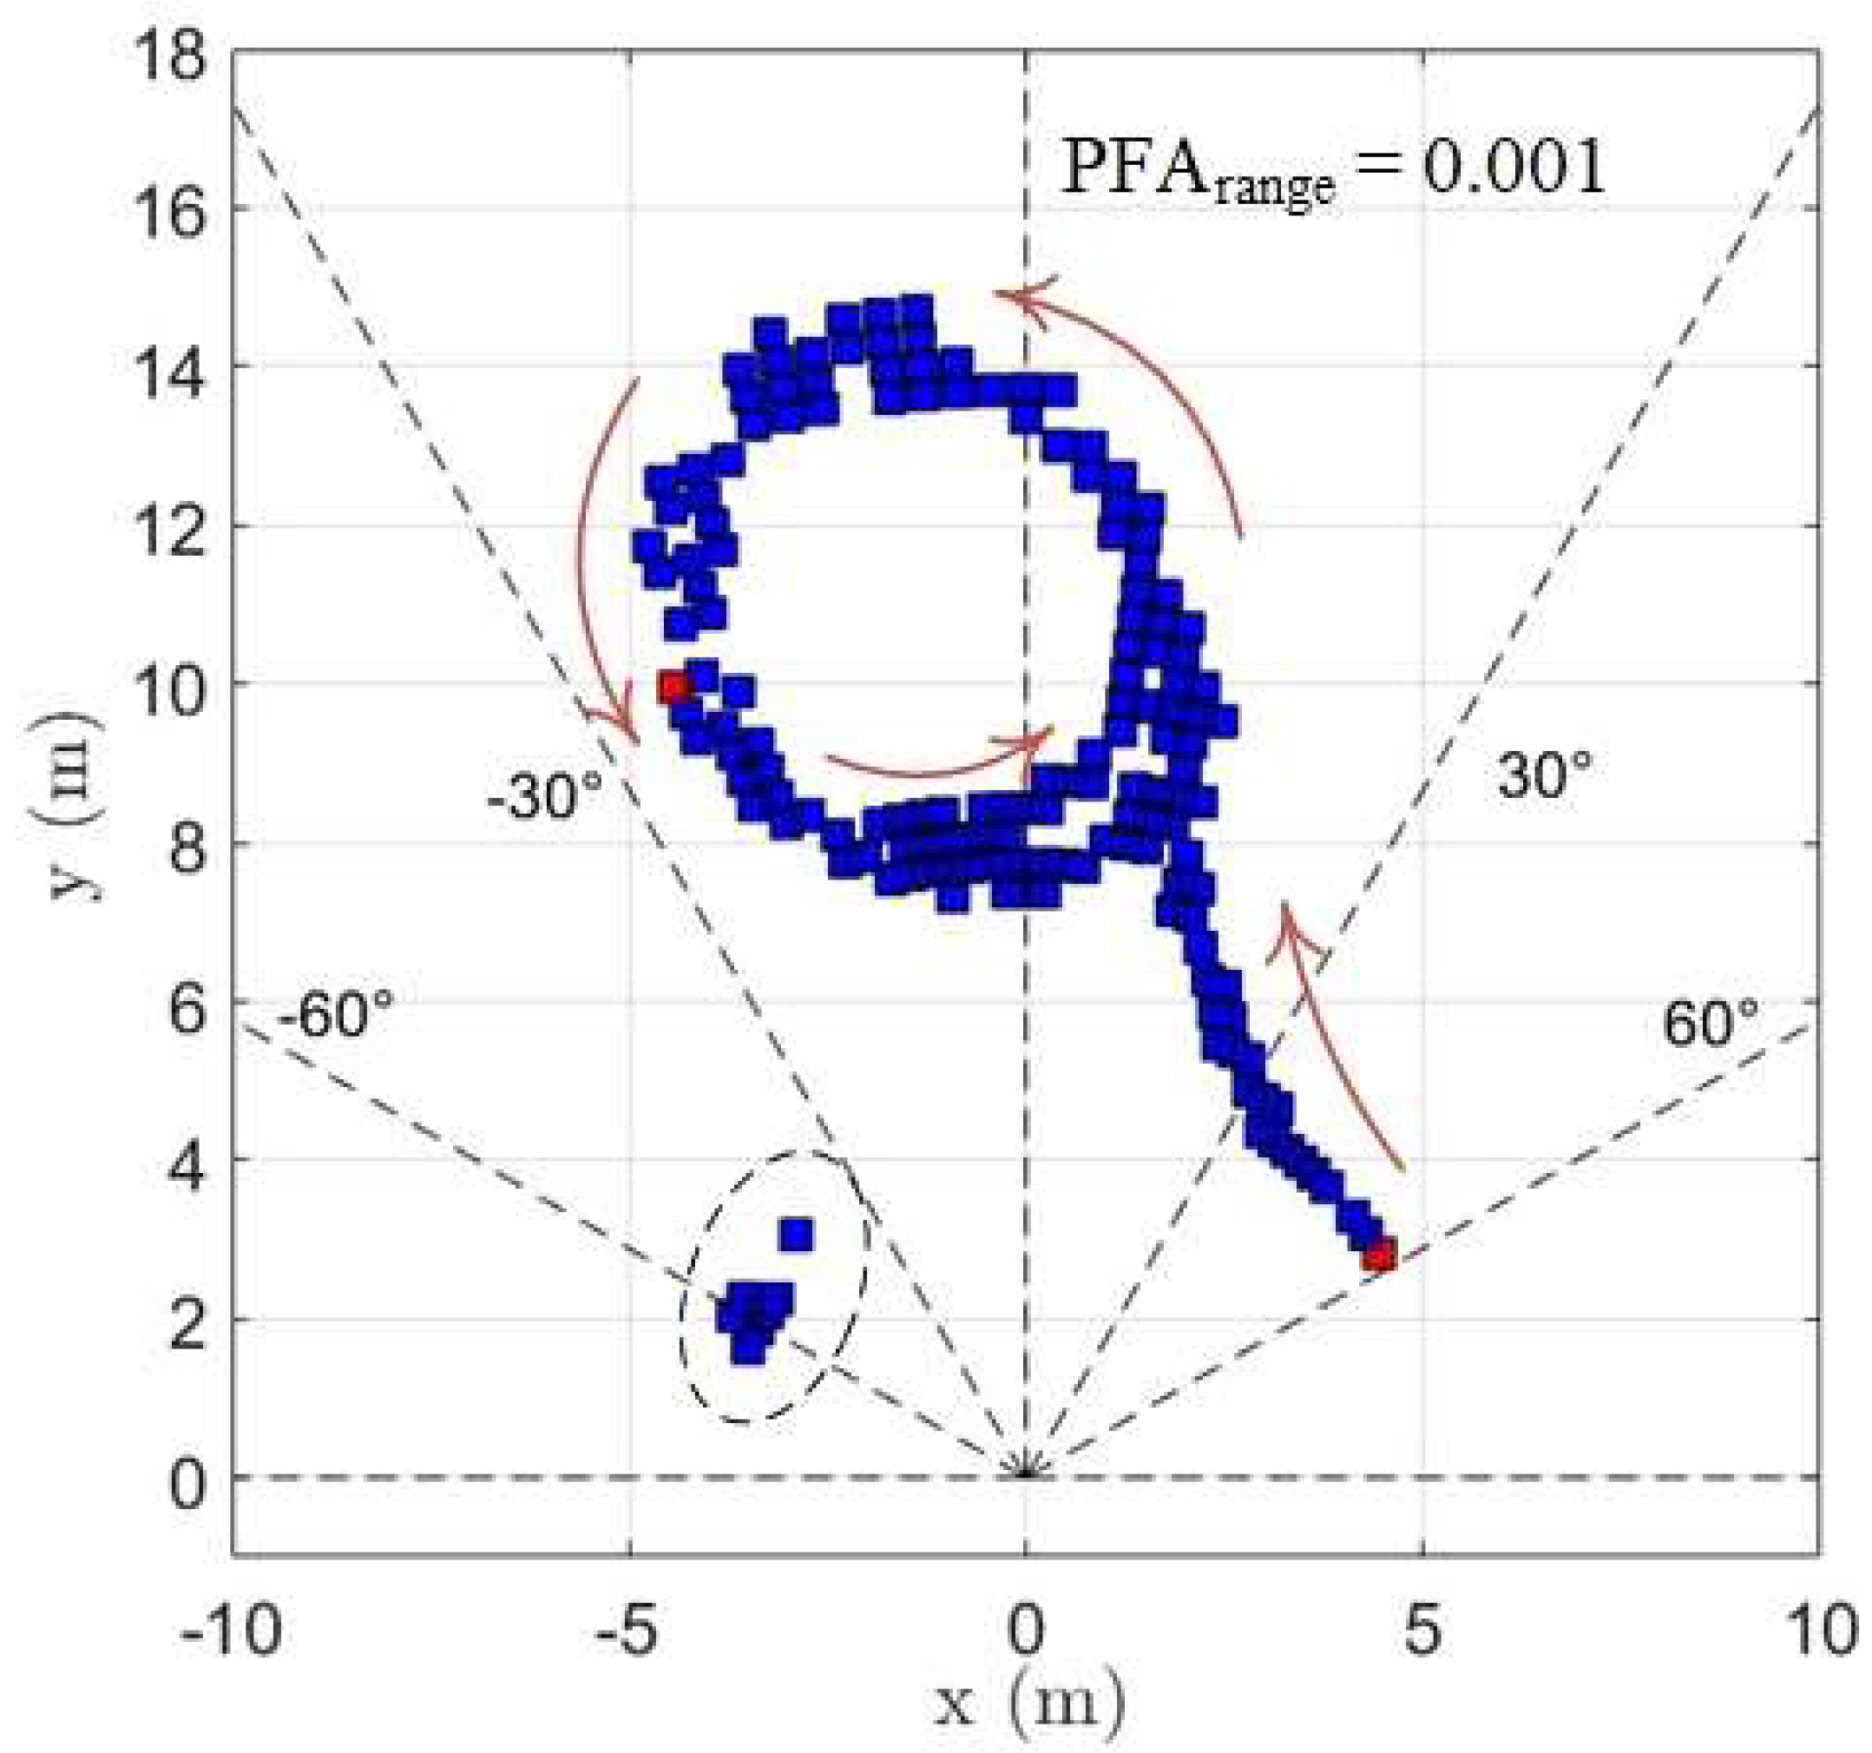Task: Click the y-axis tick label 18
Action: [x=169, y=58]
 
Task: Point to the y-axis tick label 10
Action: [x=169, y=685]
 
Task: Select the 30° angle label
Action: [x=1544, y=774]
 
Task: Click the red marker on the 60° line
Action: [x=1378, y=1256]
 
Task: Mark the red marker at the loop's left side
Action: [x=674, y=688]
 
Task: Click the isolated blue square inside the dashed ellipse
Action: [x=797, y=1234]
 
